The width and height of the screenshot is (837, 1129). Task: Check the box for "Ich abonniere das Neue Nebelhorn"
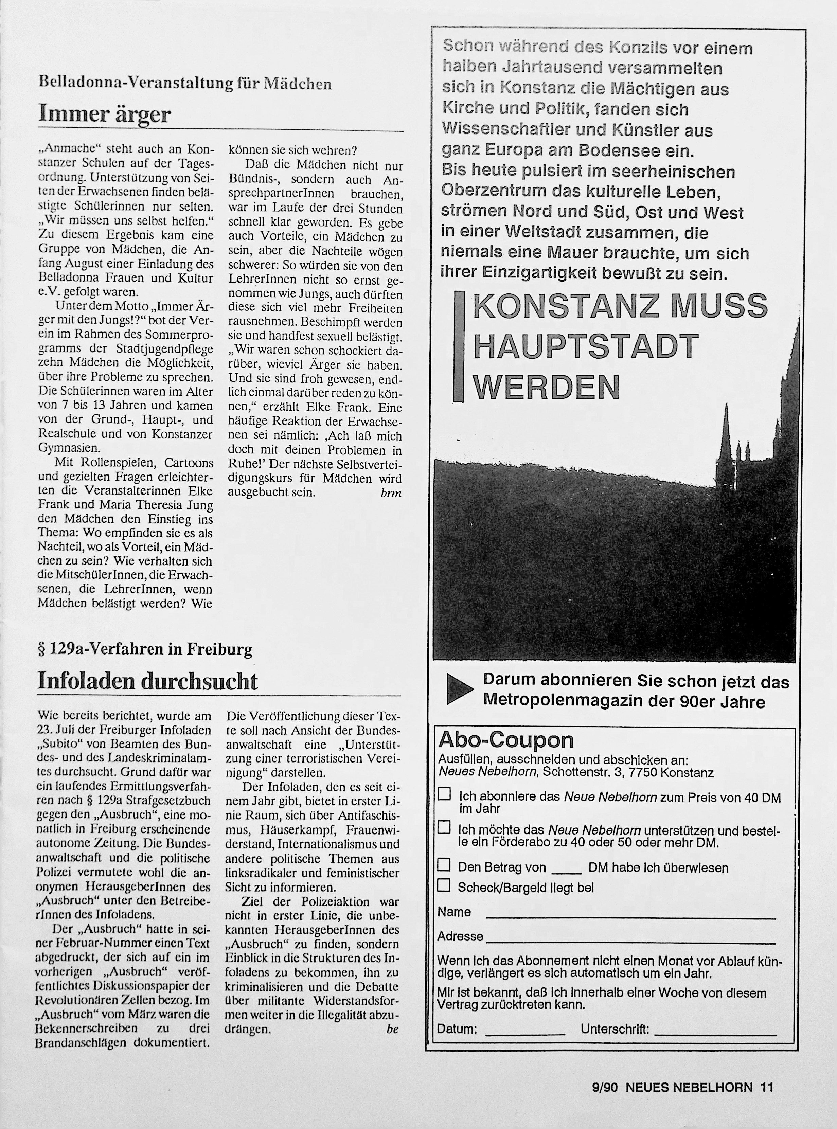point(444,794)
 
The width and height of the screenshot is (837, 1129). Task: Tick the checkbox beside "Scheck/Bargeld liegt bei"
point(444,885)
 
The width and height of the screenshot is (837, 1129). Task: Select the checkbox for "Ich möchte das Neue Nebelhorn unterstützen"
point(444,827)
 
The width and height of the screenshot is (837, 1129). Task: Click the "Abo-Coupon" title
point(506,740)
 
